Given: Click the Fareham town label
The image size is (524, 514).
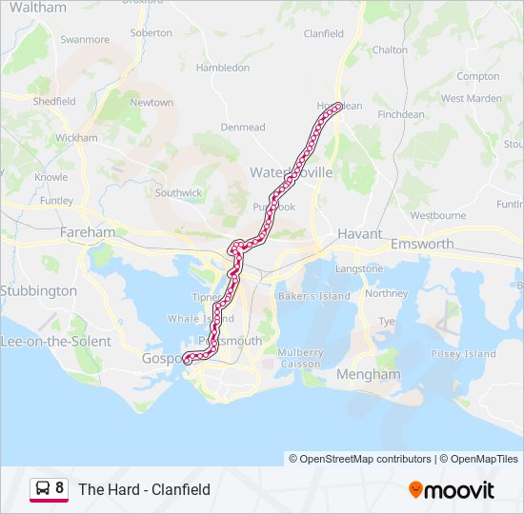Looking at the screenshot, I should pos(87,232).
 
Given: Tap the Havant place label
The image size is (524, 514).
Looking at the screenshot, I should pos(360,233).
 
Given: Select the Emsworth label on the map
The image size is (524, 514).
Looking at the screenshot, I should pos(422,245).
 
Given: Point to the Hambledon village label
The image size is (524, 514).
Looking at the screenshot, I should pos(222,69).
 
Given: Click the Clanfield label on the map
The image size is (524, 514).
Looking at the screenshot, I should pos(323,33).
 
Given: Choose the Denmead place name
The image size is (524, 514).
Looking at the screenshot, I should pos(242,127).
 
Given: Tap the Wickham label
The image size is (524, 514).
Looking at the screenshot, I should pos(76,138).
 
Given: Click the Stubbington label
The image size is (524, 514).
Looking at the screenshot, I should pos(38,290).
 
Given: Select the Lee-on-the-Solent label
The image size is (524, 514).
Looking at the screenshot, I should pos(55,341).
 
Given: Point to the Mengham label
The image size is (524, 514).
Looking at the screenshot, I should pos(369,374).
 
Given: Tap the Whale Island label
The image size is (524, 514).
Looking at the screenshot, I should pos(199,319).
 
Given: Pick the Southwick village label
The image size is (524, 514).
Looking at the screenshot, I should pos(179,192).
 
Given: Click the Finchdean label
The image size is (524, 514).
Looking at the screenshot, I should pos(401,114).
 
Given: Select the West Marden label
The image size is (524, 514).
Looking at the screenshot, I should pos(471,98).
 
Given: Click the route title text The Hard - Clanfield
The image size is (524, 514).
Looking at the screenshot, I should pos(144,489).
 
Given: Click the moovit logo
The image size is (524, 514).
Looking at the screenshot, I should pos(452,490).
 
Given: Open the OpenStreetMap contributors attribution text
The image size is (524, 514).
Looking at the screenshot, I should pos(360,459).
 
